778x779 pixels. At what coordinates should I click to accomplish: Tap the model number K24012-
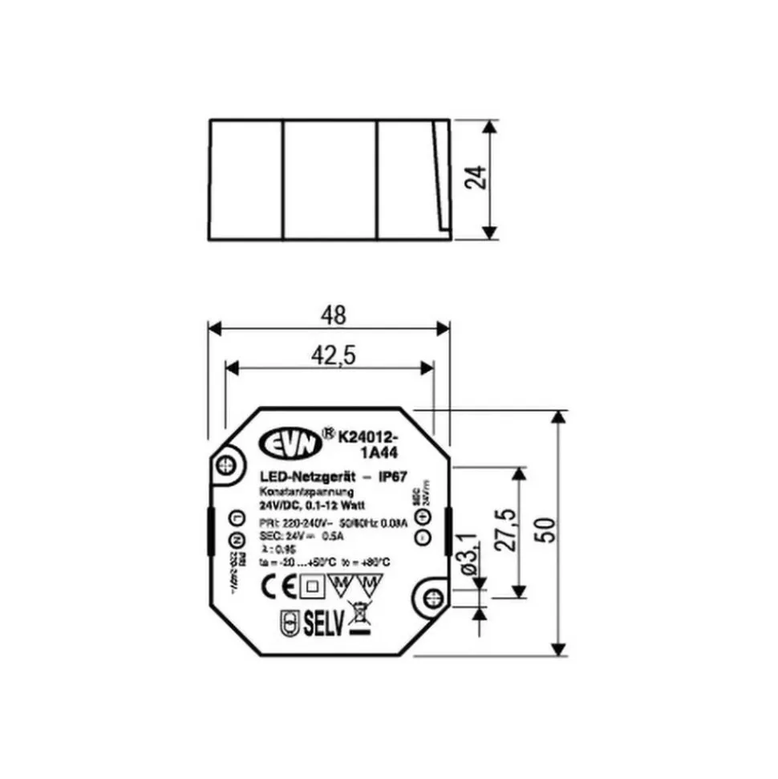coord(368,437)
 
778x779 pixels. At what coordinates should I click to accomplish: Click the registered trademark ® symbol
coord(327,432)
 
